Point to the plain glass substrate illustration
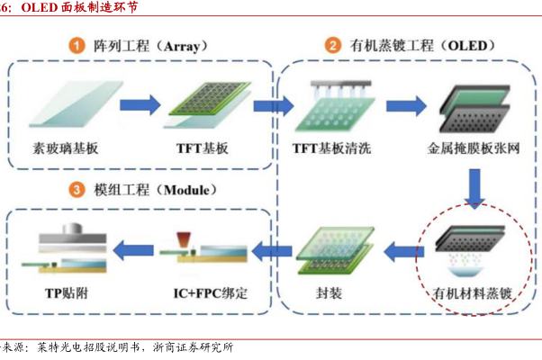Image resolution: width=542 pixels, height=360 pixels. tap(65, 105)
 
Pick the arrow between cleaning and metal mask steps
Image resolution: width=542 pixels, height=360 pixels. tap(399, 105)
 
